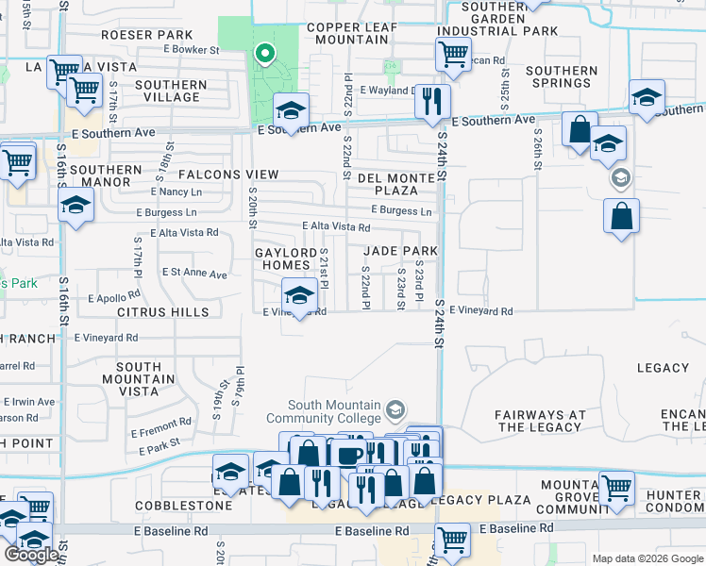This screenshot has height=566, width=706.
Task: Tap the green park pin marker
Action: pos(265,56)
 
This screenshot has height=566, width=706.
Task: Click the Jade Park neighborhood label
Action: pos(401,251)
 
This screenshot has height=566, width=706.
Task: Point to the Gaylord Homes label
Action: pos(285,258)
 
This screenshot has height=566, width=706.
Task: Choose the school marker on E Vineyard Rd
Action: pos(300,297)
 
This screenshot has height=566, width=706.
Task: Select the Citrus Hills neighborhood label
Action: pos(162,311)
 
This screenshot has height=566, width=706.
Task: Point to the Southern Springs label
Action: pos(562,76)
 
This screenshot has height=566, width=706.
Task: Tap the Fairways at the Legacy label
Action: pos(540,421)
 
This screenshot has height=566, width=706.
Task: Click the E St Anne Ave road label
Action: pos(195,275)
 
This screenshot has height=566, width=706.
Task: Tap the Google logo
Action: pos(31,555)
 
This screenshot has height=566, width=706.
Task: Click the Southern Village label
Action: pos(170,91)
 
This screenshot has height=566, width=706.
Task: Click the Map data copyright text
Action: pos(647,558)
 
